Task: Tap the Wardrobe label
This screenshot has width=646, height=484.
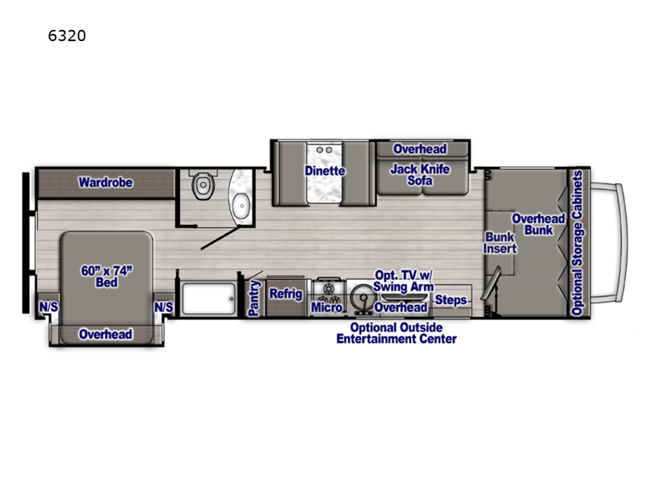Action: pyautogui.click(x=105, y=182)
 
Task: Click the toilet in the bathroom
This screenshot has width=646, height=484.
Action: pyautogui.click(x=201, y=186)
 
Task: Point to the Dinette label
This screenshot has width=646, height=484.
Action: pyautogui.click(x=325, y=170)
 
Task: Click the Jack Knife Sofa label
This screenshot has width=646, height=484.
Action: pyautogui.click(x=419, y=175)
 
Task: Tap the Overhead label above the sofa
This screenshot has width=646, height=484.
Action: pyautogui.click(x=419, y=149)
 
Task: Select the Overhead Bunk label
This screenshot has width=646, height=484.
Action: pyautogui.click(x=539, y=225)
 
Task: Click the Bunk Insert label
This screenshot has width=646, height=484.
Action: pyautogui.click(x=499, y=243)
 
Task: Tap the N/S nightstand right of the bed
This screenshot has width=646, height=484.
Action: pyautogui.click(x=164, y=307)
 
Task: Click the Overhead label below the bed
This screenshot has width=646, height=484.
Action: pyautogui.click(x=106, y=334)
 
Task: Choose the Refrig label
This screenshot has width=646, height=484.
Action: pyautogui.click(x=285, y=294)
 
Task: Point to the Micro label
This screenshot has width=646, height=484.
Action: pyautogui.click(x=327, y=307)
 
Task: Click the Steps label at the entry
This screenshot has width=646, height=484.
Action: pyautogui.click(x=451, y=301)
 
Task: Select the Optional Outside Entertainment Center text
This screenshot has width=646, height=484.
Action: pyautogui.click(x=396, y=333)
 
